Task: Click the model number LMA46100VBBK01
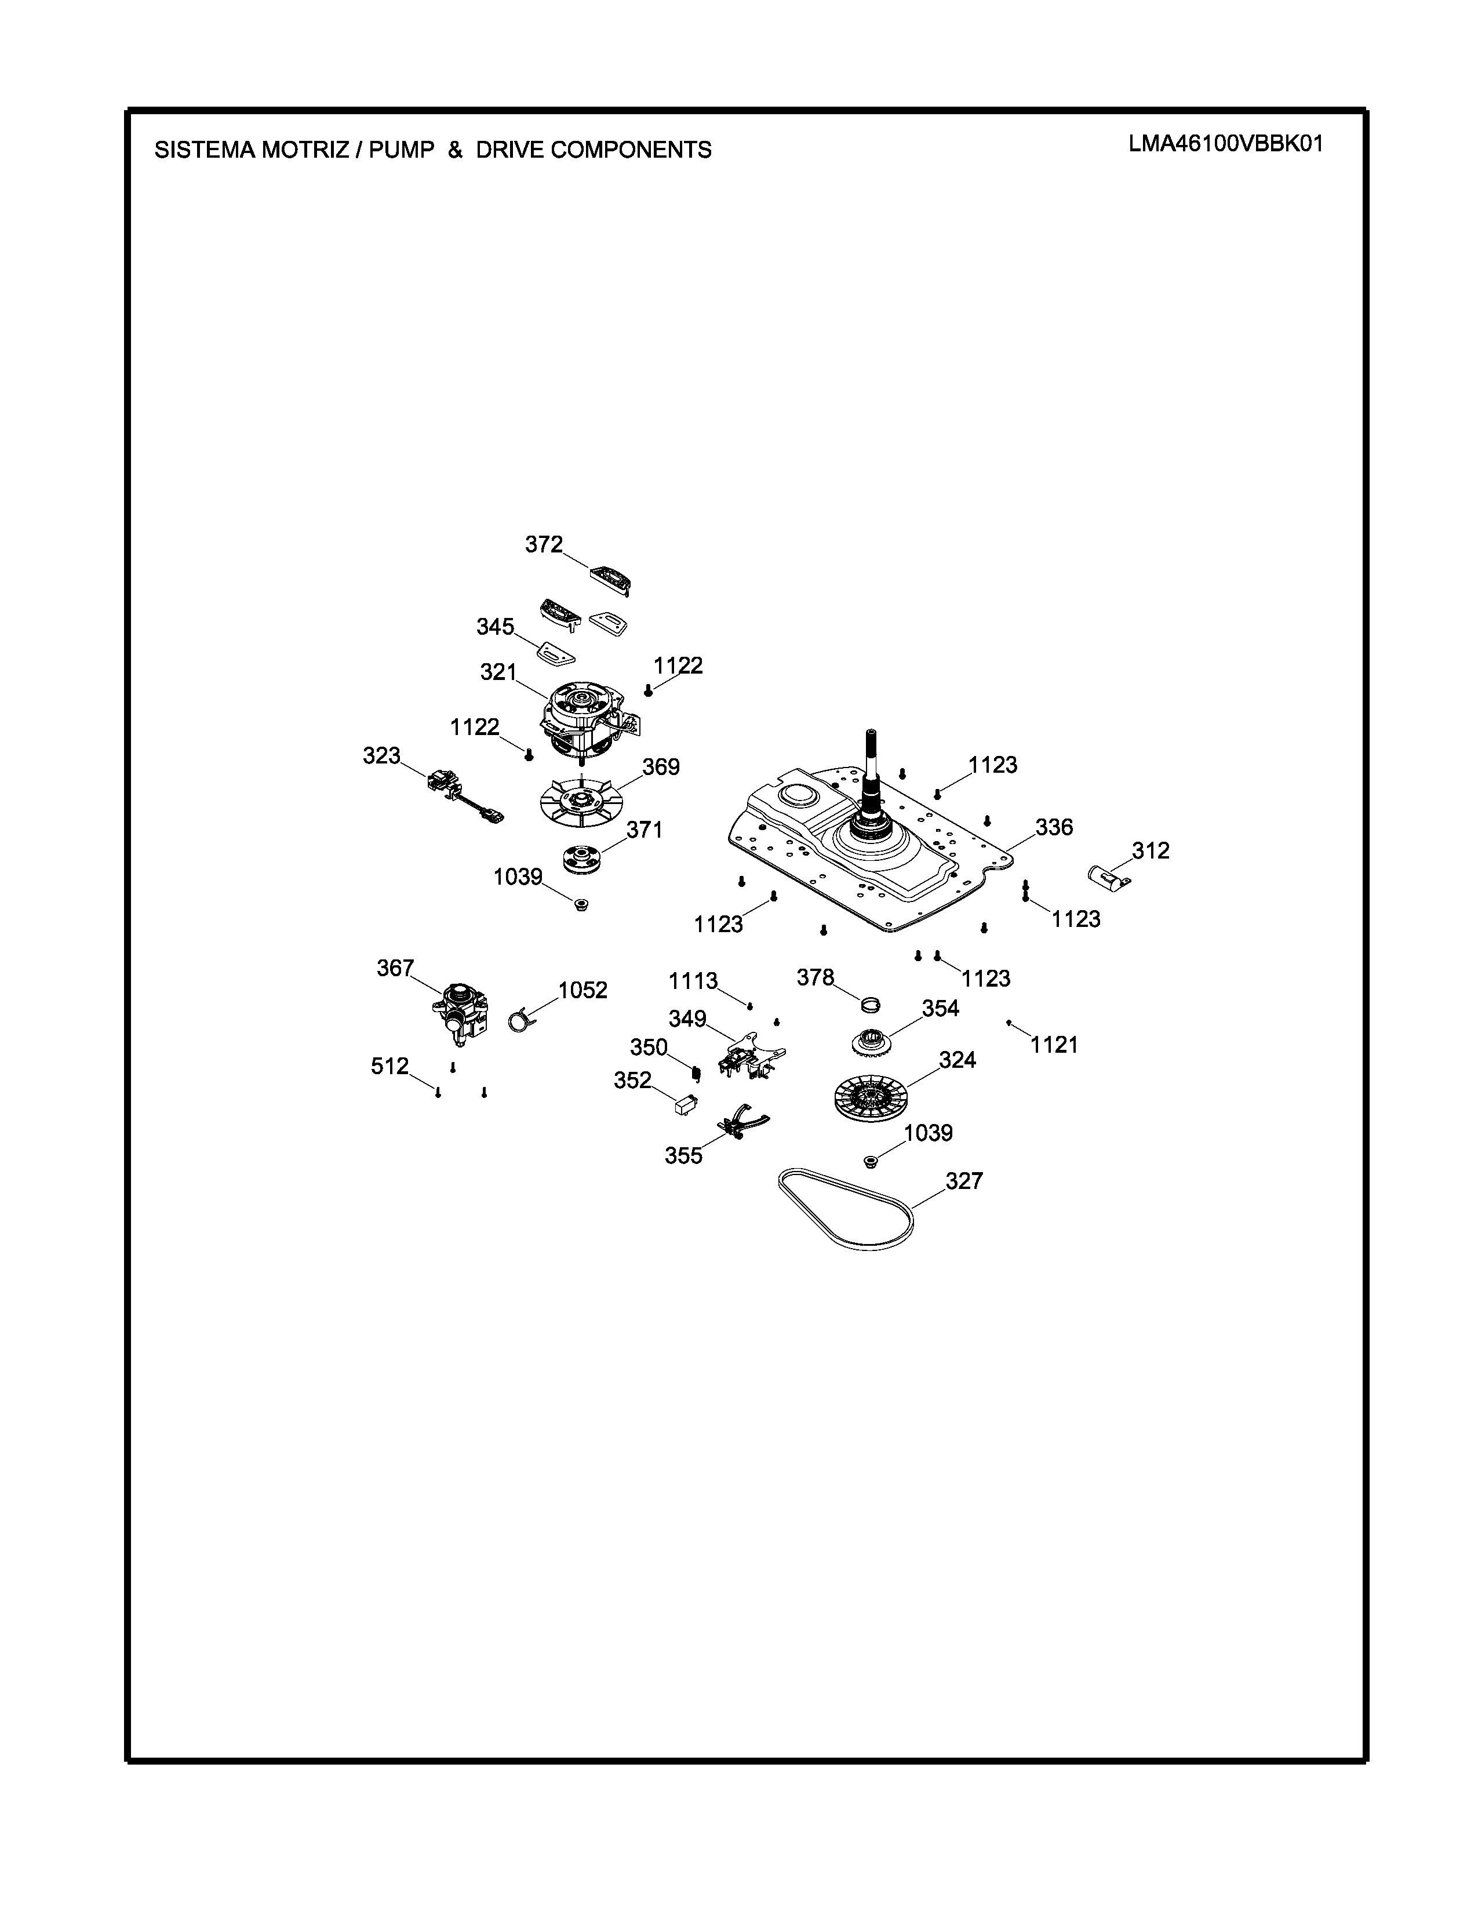click(x=1225, y=144)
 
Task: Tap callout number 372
click(x=544, y=545)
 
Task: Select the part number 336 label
click(x=1054, y=827)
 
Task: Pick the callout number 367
click(x=395, y=968)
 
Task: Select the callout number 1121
click(x=1054, y=1045)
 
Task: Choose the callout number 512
click(x=389, y=1066)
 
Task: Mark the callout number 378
click(x=815, y=977)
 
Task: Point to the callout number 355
click(x=684, y=1156)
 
